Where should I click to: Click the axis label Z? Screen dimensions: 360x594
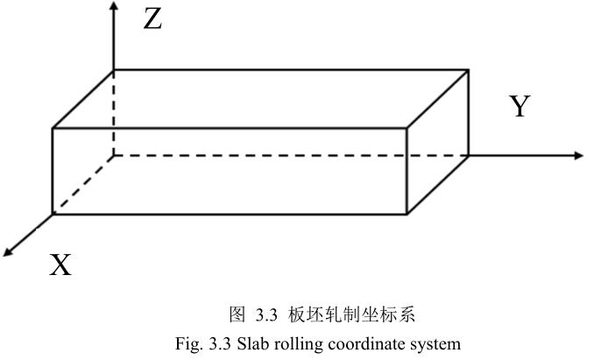point(152,18)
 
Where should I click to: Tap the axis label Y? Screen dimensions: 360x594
point(520,107)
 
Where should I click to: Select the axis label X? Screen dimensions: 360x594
point(60,265)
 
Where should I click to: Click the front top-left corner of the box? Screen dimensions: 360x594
point(53,129)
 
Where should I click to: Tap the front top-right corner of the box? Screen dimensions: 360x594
point(407,129)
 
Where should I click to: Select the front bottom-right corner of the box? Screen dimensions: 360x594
point(407,213)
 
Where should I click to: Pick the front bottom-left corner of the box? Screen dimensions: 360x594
point(53,213)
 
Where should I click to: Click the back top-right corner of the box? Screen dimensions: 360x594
point(469,70)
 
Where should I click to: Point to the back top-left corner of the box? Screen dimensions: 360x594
point(114,70)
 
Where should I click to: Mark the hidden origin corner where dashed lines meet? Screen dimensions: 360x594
point(114,155)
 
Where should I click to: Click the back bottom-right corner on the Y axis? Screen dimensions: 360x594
point(469,155)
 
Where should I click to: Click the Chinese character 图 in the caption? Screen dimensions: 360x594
point(236,314)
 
